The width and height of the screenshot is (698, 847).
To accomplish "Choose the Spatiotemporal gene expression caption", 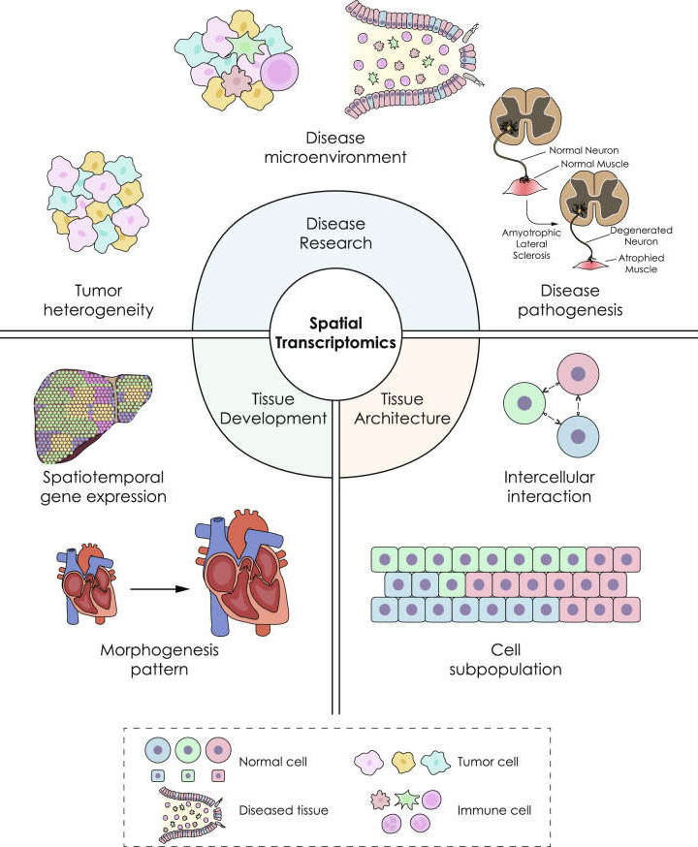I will tap(102, 487).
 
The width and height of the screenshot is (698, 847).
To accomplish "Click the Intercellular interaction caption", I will tap(548, 487).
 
